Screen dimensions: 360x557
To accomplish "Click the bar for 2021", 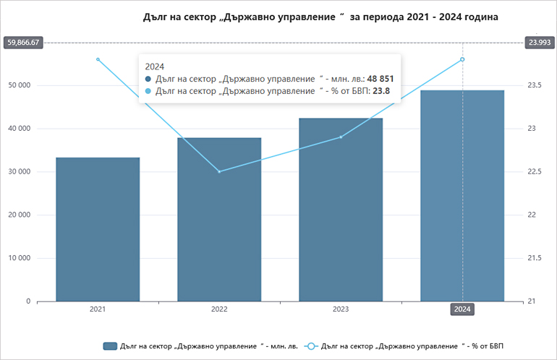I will coord(98,229).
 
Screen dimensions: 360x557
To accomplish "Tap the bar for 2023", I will coord(341,210).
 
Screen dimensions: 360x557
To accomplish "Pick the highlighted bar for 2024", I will coord(462,196).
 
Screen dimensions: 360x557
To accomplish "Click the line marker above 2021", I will coord(98,59).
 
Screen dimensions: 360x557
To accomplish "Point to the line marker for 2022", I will coord(219,171).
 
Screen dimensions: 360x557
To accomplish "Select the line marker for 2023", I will coord(341,137).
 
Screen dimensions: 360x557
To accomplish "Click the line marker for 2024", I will coord(462,59).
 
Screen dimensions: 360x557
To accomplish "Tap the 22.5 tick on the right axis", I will coord(536,171).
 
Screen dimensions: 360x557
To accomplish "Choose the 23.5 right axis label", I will coord(536,85).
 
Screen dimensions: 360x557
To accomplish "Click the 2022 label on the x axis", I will coord(219,309).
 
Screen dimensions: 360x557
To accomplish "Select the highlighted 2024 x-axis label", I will coord(462,309).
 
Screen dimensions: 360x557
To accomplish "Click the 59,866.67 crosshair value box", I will coord(22,43).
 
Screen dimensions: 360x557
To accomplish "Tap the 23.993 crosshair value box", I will coord(540,43).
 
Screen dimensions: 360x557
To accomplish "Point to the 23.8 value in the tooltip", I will coord(381,91).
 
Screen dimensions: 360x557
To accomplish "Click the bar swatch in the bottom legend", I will coord(110,346).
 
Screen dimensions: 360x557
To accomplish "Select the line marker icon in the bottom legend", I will coord(310,346).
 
